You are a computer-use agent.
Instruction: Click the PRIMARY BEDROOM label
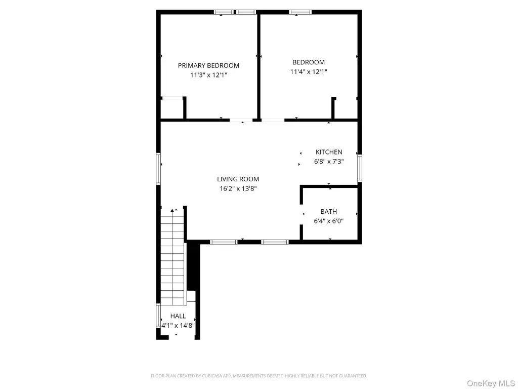(208, 65)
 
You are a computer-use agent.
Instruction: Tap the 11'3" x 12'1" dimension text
(208, 75)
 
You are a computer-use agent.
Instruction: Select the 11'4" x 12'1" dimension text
(309, 72)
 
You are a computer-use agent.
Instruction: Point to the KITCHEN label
(329, 152)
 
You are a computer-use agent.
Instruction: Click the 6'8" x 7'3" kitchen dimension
(329, 162)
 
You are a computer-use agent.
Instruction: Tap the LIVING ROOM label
(238, 179)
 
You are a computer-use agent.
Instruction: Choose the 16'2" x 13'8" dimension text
(238, 189)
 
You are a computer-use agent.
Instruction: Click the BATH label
(329, 212)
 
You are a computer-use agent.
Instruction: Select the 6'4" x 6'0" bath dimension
(329, 221)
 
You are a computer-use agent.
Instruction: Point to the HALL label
(178, 316)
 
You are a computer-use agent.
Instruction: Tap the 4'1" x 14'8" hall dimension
(178, 326)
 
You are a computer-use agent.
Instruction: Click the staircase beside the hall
(172, 257)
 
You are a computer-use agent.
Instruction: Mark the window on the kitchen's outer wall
(360, 168)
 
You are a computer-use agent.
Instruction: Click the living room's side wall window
(158, 169)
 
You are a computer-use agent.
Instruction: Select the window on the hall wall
(158, 316)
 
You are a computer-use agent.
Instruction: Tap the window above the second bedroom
(300, 12)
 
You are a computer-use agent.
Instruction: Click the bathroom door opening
(301, 214)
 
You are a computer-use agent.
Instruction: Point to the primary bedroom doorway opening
(241, 120)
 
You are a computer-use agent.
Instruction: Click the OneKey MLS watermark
(491, 383)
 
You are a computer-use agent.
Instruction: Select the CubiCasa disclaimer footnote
(259, 376)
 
